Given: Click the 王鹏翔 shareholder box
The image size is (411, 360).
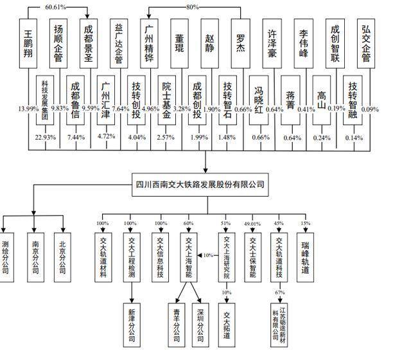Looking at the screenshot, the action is click(x=28, y=44).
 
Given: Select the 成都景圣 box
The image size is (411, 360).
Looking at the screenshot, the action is click(x=89, y=44).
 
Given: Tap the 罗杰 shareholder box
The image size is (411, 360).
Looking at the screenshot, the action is click(x=240, y=44).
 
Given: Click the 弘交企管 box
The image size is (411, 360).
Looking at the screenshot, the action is click(x=366, y=44).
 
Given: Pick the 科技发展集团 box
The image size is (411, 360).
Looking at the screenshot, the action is click(x=45, y=100).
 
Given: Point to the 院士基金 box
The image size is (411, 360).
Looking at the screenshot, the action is click(x=167, y=100).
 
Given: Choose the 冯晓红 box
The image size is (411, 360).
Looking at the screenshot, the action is click(x=259, y=100).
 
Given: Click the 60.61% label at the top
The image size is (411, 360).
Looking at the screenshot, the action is click(x=56, y=7).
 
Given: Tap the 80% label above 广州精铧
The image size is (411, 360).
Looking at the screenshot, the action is click(x=193, y=7).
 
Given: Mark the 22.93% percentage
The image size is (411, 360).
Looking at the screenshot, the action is click(x=46, y=137).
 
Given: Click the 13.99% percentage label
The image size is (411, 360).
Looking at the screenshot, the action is click(x=28, y=109).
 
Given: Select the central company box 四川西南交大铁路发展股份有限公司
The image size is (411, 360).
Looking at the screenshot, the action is click(x=200, y=184).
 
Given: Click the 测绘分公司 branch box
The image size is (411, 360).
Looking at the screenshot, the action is click(x=6, y=257).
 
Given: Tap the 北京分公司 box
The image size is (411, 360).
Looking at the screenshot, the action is click(x=62, y=257).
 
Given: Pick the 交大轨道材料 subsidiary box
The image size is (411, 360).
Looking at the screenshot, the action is click(x=103, y=257).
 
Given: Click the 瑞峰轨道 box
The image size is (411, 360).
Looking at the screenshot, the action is click(x=306, y=257).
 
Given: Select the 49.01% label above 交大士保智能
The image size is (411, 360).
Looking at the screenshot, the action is click(x=252, y=224).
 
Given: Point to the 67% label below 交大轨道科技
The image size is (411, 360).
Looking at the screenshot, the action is click(x=280, y=292).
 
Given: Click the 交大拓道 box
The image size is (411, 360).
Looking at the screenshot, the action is click(x=227, y=325).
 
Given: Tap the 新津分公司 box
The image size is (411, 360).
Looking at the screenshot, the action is click(x=132, y=325).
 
